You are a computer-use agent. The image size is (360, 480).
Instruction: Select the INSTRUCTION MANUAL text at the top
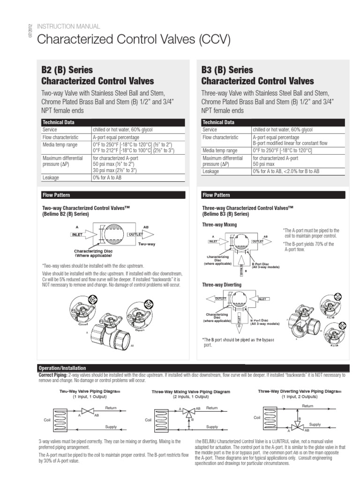tap(62, 26)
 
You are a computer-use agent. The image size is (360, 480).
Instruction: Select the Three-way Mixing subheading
tap(219, 225)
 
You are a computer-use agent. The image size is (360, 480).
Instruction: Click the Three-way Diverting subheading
tap(222, 285)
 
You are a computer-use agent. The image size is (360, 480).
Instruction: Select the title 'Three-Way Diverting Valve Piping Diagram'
tap(300, 390)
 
